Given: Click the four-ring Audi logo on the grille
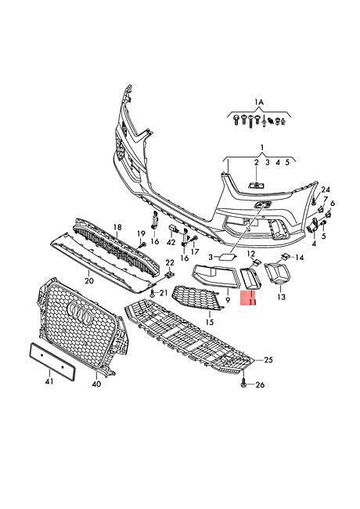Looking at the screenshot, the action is point(80,314).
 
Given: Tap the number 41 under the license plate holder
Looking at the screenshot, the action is point(49,381).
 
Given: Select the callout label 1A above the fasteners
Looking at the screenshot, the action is point(259,103).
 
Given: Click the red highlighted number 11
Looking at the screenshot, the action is point(252,302).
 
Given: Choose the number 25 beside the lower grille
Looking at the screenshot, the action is point(268,359).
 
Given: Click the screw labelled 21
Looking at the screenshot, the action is point(152,294).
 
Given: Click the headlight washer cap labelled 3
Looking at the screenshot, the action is point(226,257).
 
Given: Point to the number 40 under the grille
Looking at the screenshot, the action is point(96,384).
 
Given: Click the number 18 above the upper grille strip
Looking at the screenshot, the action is point(117,227).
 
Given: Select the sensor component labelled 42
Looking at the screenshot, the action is point(173,229).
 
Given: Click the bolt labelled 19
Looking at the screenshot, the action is point(142,245).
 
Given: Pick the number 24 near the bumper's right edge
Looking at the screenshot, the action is point(326,190).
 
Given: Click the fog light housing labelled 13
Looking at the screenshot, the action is point(278,273).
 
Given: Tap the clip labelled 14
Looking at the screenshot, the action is point(284,256).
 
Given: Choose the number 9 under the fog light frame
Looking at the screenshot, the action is point(228,300).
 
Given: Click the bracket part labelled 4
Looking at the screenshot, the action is point(312,226).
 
